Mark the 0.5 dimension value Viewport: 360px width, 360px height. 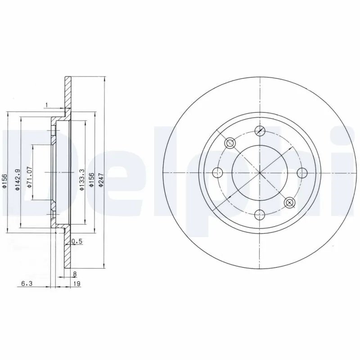pos(77,242)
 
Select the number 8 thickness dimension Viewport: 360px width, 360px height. pos(74,273)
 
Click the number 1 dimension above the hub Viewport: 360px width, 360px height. pos(46,105)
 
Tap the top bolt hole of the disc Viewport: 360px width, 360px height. pos(260,131)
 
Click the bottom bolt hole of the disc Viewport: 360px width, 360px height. pos(260,215)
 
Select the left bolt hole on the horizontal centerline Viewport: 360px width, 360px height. pos(218,173)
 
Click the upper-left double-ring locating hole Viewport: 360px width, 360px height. pos(230,143)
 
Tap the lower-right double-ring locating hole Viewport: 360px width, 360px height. pos(289,202)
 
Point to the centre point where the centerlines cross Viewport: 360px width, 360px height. pos(260,173)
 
